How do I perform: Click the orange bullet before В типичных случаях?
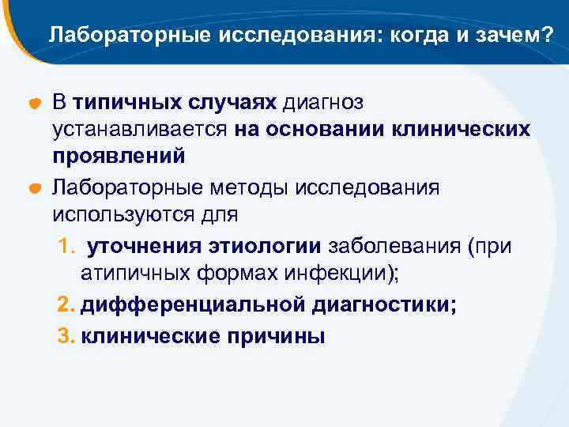tap(35, 105)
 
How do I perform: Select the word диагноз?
tap(323, 103)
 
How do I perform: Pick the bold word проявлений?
tap(119, 157)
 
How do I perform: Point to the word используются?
tap(130, 213)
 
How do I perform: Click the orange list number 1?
tap(66, 246)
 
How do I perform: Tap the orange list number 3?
tap(66, 335)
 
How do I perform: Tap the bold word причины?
tap(275, 335)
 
